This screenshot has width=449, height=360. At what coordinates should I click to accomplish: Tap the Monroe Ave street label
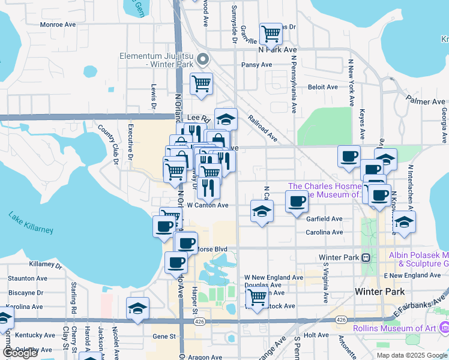[x=58, y=25]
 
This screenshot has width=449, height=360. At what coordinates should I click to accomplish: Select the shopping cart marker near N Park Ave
[x=271, y=34]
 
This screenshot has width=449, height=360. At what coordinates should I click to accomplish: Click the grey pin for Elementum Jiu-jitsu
[x=203, y=59]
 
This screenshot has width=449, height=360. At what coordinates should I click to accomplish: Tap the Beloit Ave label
[x=323, y=87]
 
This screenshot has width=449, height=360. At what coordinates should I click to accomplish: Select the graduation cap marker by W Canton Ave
[x=262, y=211]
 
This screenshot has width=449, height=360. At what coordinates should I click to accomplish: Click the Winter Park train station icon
[x=366, y=257]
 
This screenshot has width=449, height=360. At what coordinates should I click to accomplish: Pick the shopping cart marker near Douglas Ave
[x=257, y=296]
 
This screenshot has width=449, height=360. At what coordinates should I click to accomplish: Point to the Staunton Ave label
[x=28, y=278]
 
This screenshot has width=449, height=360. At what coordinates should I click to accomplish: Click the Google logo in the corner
[x=20, y=353]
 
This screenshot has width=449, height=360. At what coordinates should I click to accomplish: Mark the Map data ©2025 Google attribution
[x=411, y=355]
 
